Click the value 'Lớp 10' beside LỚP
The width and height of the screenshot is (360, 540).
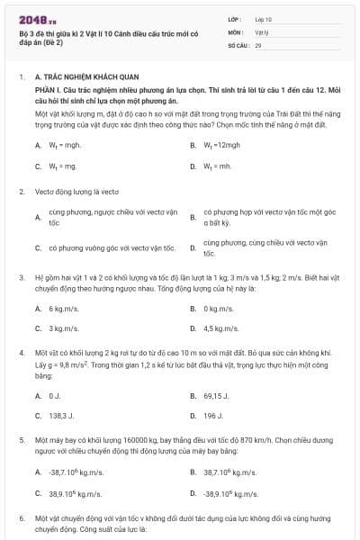point(264,18)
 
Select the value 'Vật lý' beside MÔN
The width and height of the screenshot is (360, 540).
point(261,31)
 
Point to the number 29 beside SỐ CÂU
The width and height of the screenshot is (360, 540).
point(258,43)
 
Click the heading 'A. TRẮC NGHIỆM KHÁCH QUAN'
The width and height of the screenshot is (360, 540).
point(81,78)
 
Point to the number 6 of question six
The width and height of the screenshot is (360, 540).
point(22,519)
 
